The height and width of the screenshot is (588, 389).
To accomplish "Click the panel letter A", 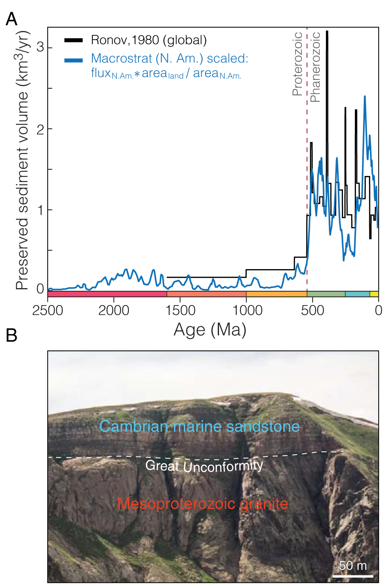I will click(x=12, y=19).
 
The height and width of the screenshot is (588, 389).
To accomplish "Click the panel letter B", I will click(x=12, y=335).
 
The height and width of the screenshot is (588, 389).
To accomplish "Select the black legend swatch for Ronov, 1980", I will click(x=73, y=40).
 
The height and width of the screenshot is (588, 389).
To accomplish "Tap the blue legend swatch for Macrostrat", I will click(x=73, y=60).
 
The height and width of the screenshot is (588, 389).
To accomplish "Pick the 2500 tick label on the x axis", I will click(x=48, y=310).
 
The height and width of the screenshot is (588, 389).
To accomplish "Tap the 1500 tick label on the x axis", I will click(x=180, y=310).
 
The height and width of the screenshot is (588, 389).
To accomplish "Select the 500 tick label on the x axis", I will click(x=312, y=310).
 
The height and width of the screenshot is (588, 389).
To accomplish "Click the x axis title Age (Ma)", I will click(x=210, y=330).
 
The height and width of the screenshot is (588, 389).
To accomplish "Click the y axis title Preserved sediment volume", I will click(x=22, y=160).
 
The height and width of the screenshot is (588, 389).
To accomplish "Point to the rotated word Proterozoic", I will click(x=297, y=64).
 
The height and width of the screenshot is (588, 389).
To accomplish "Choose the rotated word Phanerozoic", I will click(x=315, y=67).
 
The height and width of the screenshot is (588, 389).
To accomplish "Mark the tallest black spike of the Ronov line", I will click(x=327, y=32).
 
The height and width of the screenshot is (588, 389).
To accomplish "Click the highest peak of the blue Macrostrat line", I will click(x=365, y=97).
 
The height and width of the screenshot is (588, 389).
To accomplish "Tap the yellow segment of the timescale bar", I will click(x=374, y=294).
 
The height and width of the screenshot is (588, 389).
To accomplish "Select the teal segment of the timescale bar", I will click(x=357, y=294).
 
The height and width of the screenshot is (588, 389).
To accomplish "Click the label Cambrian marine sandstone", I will click(x=199, y=427).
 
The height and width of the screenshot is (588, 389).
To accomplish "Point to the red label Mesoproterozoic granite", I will click(x=203, y=504).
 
